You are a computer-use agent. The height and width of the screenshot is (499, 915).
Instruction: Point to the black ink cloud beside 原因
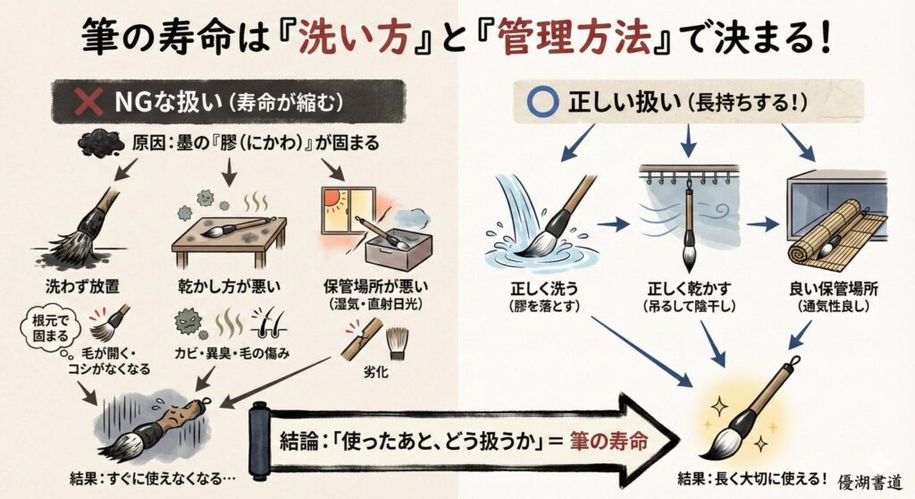99,143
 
